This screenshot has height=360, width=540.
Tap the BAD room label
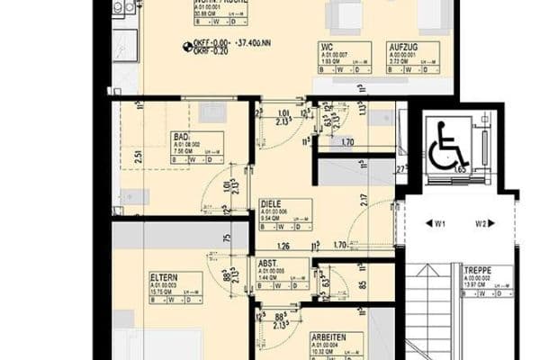181,137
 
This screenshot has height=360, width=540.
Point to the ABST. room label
268,264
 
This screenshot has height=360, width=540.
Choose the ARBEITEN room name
329,337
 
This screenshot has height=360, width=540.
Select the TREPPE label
477,270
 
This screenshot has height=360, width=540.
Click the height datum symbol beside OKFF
187,45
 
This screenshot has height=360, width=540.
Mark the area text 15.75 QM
164,291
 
